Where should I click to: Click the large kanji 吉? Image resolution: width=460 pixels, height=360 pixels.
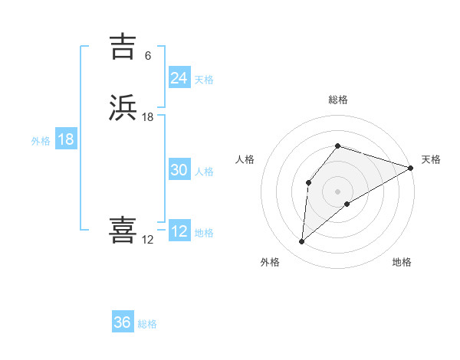pos(123,47)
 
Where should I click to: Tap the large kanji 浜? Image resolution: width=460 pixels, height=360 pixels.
pos(123,108)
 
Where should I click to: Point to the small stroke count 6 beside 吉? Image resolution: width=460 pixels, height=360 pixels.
pos(147,55)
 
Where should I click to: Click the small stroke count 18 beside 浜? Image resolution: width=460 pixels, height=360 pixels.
pos(148,117)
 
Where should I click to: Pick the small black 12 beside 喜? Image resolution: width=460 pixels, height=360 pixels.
pos(148,240)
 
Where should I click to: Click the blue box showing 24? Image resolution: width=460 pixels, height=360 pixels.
pos(179,78)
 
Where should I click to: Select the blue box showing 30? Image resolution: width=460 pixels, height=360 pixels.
pos(179,171)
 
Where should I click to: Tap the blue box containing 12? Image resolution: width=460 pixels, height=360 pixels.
pos(179,231)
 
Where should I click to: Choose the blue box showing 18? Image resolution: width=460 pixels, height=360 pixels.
pos(66,139)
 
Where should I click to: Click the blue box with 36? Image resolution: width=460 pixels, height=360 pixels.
pos(122,322)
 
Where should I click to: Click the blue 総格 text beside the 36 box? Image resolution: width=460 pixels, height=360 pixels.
pos(147,324)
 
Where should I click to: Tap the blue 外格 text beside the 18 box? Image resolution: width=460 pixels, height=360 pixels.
pos(41,141)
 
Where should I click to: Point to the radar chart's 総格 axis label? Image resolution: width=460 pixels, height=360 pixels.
pos(338,100)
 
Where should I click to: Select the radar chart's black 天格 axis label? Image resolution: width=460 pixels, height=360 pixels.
pos(431,159)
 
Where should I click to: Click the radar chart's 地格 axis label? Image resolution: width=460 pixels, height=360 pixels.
pos(402,262)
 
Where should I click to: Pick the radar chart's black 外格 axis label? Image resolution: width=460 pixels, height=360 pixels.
pos(270,262)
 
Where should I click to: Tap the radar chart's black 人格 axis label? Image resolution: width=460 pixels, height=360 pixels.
pos(245,159)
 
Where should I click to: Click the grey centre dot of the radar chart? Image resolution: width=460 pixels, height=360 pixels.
pos(338,191)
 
